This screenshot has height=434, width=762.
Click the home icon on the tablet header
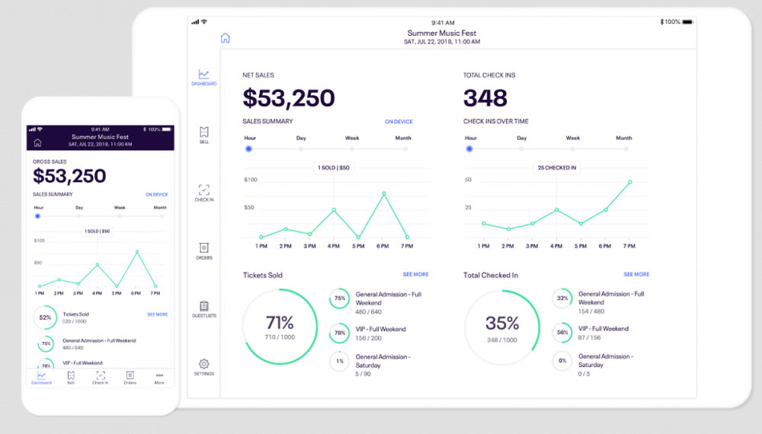(225, 38)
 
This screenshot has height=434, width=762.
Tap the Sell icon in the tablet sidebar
(203, 132)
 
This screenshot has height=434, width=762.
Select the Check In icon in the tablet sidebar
(203, 190)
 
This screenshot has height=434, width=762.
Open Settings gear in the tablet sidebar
(203, 364)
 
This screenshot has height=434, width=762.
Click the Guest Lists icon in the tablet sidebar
(203, 305)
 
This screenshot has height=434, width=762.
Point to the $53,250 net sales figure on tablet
(289, 98)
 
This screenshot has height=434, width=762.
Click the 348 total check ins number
(485, 98)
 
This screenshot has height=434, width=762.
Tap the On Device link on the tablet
(399, 122)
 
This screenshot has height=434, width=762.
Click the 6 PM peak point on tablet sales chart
(384, 193)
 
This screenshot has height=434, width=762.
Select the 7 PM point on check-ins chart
(630, 182)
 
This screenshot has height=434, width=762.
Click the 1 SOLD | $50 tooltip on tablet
(334, 168)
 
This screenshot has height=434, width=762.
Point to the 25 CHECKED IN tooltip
(557, 168)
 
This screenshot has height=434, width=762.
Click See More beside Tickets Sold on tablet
(415, 274)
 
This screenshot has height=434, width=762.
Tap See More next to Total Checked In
(636, 274)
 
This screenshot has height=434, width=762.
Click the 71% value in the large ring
(280, 322)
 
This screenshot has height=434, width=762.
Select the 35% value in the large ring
(502, 322)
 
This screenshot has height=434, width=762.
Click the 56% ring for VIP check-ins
(563, 333)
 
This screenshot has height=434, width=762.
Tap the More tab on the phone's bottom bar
(159, 377)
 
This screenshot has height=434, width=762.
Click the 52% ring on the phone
(45, 317)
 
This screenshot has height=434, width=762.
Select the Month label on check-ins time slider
(623, 138)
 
